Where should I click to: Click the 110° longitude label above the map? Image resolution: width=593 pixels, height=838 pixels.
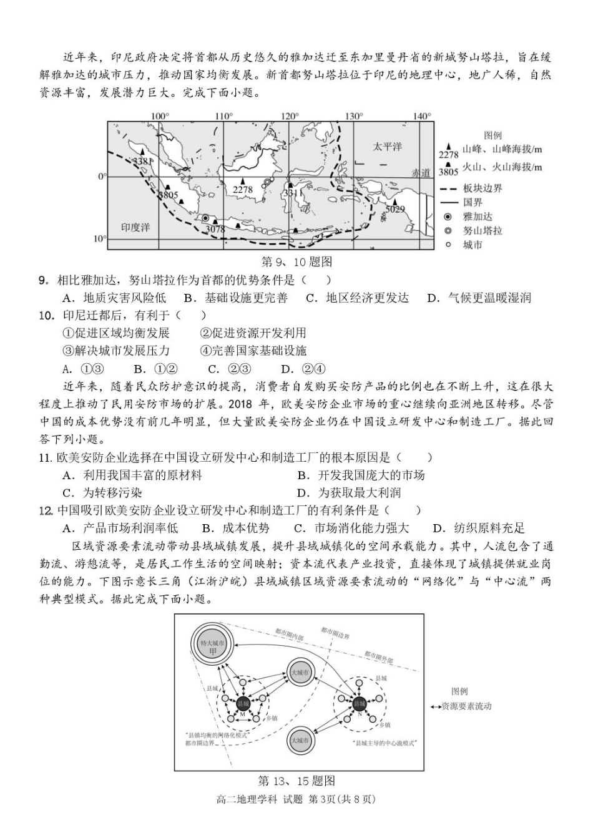point(224,116)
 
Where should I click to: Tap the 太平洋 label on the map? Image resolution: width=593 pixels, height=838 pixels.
point(387,146)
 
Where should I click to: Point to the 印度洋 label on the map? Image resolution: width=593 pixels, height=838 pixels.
point(135,227)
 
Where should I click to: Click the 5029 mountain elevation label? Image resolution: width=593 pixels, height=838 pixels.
point(395,210)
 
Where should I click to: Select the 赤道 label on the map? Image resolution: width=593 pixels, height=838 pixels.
point(421,173)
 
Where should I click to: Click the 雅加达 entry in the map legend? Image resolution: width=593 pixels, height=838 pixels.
point(478,217)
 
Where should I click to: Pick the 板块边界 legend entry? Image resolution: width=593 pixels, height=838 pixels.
point(482,188)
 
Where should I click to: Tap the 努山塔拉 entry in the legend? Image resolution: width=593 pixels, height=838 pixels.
point(482,231)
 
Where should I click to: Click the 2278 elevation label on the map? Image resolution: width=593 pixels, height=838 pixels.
point(242,190)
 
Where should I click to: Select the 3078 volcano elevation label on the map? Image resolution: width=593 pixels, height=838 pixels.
point(215,230)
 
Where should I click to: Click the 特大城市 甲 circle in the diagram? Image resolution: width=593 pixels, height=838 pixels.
point(212,647)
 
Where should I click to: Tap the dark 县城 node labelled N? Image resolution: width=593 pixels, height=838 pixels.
point(360,703)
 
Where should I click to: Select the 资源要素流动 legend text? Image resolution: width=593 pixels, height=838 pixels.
point(466,706)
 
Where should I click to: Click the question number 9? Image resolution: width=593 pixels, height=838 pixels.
point(43,280)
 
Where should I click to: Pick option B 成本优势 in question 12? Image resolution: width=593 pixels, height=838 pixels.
point(238,528)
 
